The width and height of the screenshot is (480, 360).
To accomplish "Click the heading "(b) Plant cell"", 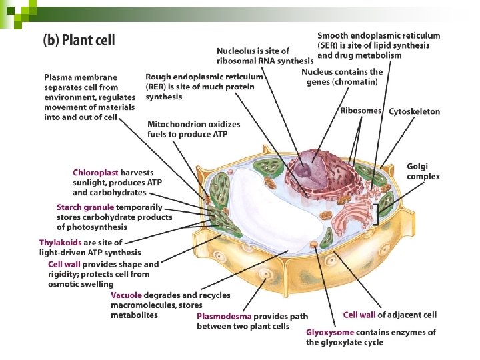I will (x=79, y=40).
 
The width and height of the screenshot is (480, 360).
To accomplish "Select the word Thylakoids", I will (x=61, y=243).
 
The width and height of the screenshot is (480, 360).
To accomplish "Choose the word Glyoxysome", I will (x=329, y=332).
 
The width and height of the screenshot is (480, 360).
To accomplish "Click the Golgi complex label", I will (x=423, y=171).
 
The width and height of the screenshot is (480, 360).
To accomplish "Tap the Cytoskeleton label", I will (x=414, y=111).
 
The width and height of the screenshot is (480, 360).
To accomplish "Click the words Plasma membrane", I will (x=81, y=77).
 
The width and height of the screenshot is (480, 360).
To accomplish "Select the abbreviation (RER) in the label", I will (x=158, y=87).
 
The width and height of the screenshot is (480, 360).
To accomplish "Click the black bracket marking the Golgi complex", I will (x=377, y=215).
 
